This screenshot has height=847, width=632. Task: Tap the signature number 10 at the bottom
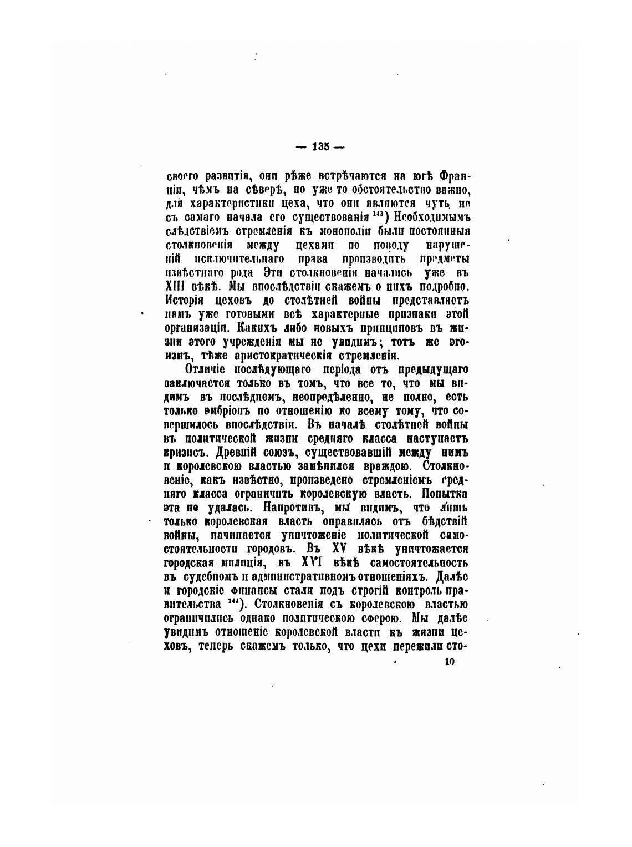coord(449,661)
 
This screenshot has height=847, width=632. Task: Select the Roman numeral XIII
coord(176,286)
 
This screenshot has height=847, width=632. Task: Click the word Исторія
coord(185,300)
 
